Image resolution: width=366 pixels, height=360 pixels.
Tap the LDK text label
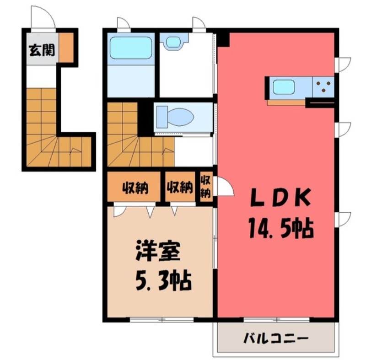(x=280, y=198)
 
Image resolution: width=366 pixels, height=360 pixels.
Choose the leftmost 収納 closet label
(x=135, y=187)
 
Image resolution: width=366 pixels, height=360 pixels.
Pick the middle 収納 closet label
(x=179, y=187)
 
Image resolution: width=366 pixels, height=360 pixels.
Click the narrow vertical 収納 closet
(x=205, y=187)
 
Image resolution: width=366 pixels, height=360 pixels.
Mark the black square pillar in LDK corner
(x=223, y=40)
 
